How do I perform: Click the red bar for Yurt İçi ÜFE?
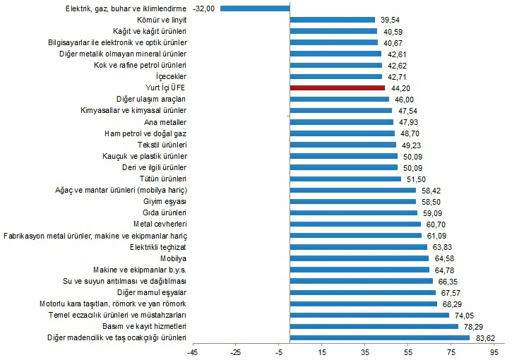tap(337, 88)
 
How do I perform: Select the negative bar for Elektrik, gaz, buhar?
tap(255, 8)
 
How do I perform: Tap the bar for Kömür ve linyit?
tap(333, 20)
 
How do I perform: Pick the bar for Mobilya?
tap(359, 258)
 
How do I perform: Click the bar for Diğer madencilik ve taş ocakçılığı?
tap(379, 337)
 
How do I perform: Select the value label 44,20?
tap(398, 88)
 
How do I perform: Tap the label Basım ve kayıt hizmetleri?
tap(145, 326)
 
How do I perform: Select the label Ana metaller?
tap(169, 122)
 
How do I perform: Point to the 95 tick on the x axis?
tap(494, 352)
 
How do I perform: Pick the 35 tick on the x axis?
tap(365, 352)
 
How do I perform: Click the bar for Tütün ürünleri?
tap(345, 179)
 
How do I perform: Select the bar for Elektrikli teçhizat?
tap(358, 247)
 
